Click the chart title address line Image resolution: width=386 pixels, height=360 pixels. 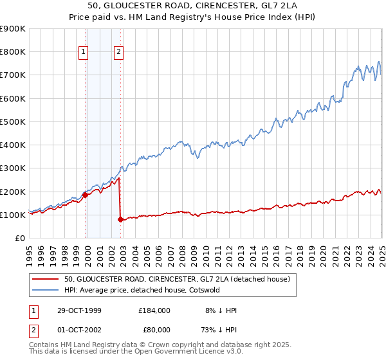point(193,6)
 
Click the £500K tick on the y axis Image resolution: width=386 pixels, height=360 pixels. point(13,122)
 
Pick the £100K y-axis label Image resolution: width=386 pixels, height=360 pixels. point(13,215)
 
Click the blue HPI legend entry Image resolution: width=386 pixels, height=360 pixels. point(142,290)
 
